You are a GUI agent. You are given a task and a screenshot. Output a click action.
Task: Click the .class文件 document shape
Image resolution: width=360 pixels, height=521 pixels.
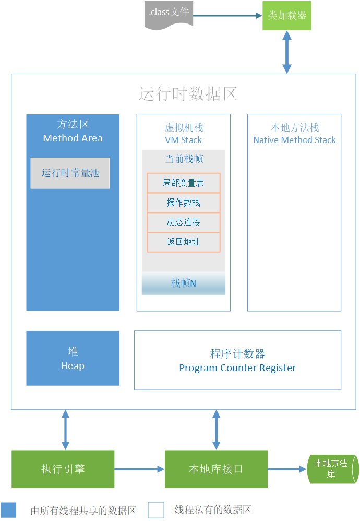(169, 15)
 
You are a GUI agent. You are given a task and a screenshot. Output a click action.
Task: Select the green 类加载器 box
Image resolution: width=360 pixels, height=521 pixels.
(286, 15)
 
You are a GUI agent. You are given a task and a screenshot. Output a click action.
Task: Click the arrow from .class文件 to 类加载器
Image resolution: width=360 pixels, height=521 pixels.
(227, 16)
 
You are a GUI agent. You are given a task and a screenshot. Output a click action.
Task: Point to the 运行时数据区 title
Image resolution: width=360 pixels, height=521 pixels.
(188, 94)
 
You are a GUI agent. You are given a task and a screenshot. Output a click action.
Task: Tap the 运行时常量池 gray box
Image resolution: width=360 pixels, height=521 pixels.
(70, 173)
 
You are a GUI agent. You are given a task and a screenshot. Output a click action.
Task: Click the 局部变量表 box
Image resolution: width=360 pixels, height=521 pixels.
(183, 183)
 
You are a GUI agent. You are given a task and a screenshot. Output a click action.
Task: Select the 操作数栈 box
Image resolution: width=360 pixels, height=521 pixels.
(183, 203)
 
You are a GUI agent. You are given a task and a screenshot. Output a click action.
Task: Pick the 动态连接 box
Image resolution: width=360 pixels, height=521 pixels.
(183, 222)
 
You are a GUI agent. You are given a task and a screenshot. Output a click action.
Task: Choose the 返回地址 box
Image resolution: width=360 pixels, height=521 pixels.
(183, 242)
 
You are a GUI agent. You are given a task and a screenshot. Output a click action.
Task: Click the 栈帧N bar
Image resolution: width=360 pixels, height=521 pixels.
(183, 283)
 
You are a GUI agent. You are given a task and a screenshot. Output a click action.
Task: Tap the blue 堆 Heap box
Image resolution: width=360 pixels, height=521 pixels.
(73, 359)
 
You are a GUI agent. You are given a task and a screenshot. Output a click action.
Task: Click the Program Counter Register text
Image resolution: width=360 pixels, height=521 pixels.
(237, 368)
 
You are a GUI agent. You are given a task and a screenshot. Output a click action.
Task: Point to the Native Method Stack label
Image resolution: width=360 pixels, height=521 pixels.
(294, 140)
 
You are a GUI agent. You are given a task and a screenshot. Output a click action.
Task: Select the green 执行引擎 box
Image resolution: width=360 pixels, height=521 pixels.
(63, 469)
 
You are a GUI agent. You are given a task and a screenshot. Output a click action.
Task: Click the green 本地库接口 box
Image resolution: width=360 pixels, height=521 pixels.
(216, 469)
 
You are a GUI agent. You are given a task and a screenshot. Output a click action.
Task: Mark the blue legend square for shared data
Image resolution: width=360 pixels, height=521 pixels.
(8, 510)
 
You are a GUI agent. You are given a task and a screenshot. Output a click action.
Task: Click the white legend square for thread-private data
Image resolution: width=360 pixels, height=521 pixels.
(155, 510)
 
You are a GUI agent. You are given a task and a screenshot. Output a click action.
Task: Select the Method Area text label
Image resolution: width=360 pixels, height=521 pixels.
(73, 138)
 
